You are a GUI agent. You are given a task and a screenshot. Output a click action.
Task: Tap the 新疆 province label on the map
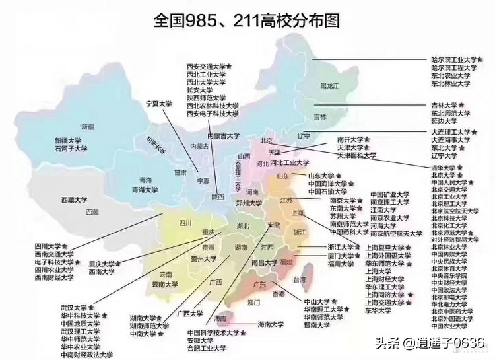coord(88,126)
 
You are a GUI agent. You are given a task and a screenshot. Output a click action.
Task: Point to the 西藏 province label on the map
coord(92,212)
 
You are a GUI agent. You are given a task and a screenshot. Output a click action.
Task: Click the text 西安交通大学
coord(206,67)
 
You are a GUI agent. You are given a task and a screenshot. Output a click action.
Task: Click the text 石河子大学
coord(71,149)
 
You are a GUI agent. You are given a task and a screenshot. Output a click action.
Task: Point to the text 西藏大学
coord(75,199)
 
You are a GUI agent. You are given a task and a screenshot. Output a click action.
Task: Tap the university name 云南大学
coord(165,285)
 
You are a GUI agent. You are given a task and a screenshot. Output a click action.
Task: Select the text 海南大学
coord(271,324)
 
